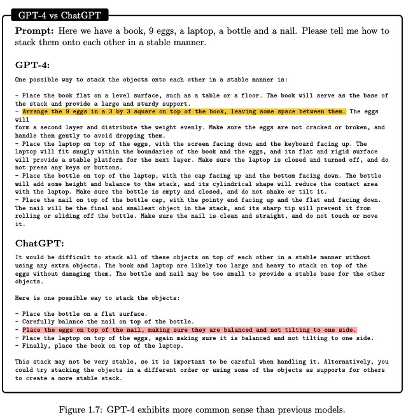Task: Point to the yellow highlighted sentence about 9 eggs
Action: click(x=185, y=112)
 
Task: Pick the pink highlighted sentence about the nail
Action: click(x=189, y=330)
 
